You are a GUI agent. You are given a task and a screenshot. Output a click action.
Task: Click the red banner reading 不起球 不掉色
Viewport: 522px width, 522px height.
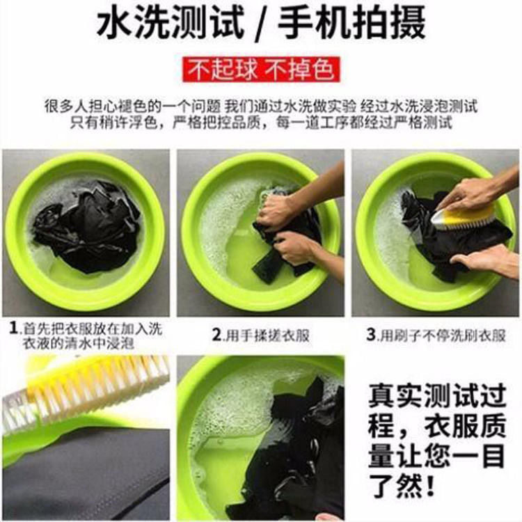click(x=261, y=70)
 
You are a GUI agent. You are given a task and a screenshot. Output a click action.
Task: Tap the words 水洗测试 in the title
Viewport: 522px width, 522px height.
click(x=171, y=23)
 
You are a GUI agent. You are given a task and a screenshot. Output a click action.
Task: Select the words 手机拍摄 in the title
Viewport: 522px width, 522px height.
click(x=351, y=23)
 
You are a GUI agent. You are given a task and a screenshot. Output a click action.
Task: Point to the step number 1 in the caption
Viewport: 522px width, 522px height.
click(x=13, y=329)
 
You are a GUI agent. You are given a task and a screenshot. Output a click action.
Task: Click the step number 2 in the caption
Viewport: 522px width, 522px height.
click(x=217, y=335)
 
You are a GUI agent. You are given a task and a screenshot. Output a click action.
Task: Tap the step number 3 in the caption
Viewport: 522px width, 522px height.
click(x=371, y=335)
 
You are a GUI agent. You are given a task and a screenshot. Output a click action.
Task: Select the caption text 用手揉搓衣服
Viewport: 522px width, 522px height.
click(x=268, y=335)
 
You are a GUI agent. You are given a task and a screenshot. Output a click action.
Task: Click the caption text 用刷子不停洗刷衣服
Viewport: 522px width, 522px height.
click(x=443, y=335)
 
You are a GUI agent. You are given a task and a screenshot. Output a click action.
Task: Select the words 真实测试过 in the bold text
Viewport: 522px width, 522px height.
click(x=438, y=395)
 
